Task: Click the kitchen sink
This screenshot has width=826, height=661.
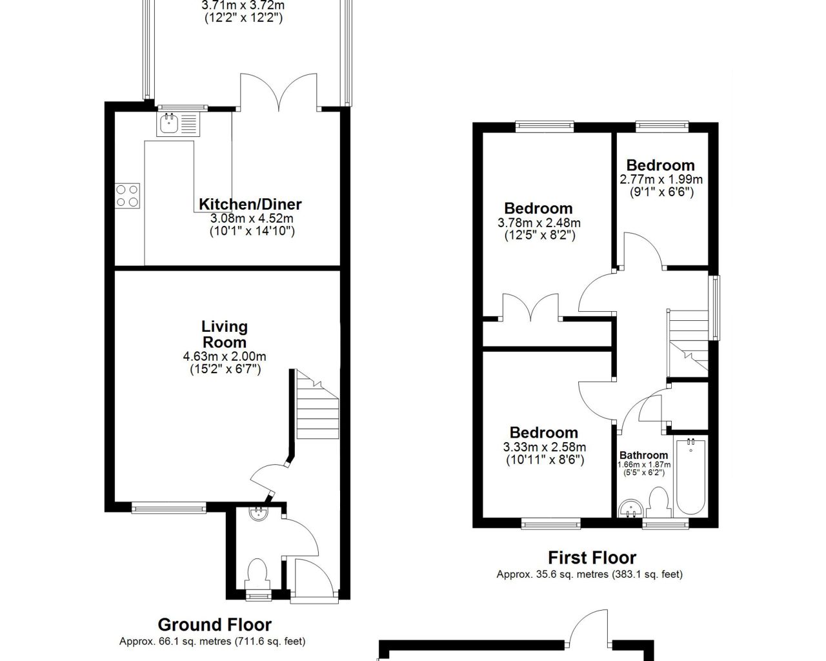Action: [179, 124]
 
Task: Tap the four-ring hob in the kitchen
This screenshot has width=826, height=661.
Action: [127, 196]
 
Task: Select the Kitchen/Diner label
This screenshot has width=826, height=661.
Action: [250, 205]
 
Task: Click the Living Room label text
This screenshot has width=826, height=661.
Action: [225, 334]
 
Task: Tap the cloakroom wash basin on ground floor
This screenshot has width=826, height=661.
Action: [258, 514]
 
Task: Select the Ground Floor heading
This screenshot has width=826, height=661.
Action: [215, 625]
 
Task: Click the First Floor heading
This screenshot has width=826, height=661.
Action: [592, 558]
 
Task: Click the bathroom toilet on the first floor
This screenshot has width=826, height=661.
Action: [659, 502]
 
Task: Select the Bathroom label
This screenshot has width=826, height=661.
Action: [643, 455]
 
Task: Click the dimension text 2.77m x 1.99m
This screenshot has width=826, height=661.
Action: [661, 179]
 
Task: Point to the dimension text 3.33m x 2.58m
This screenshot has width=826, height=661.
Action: [544, 447]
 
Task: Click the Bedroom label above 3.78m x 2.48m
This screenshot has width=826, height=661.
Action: [538, 208]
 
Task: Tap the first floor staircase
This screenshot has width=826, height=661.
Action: [689, 343]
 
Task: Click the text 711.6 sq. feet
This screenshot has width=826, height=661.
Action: [268, 642]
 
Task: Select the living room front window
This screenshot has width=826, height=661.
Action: [169, 508]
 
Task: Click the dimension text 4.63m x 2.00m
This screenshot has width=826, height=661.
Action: [225, 356]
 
